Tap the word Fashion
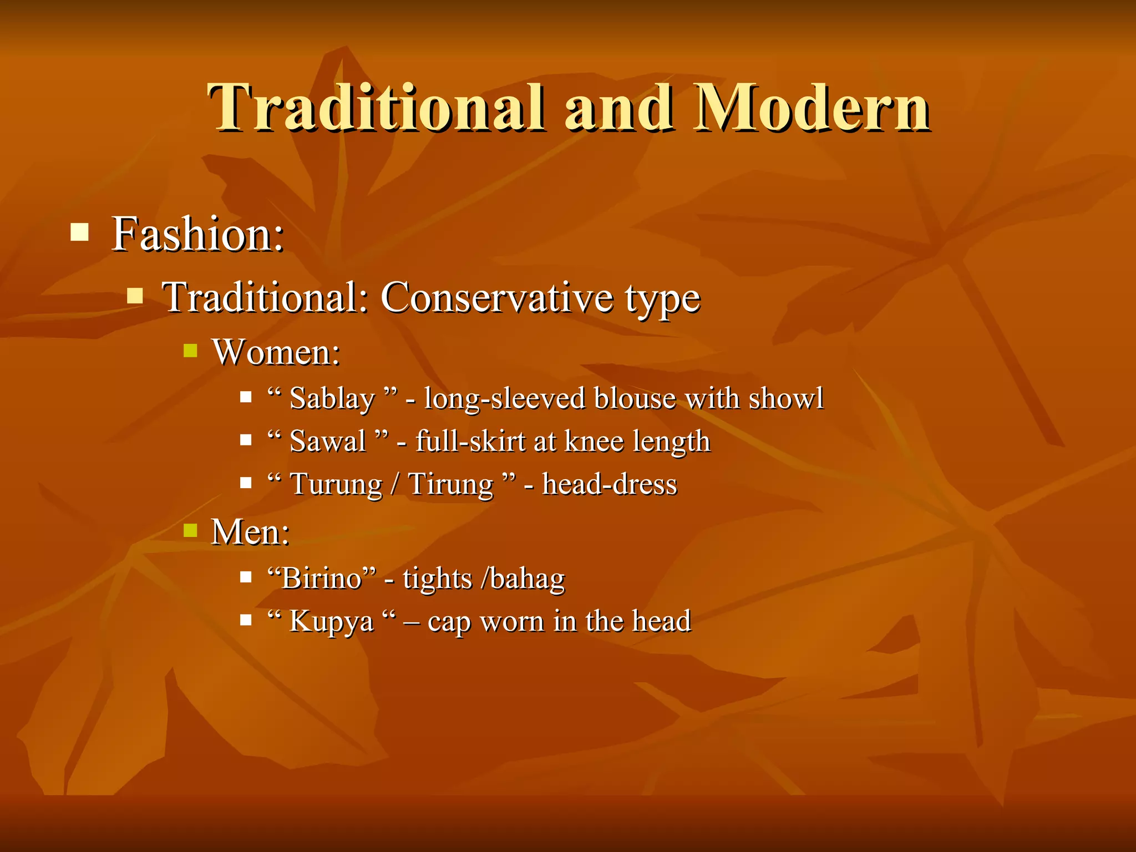pyautogui.click(x=197, y=234)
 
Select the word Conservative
pyautogui.click(x=497, y=297)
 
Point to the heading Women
pyautogui.click(x=276, y=352)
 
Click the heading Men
pyautogui.click(x=250, y=532)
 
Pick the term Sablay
pyautogui.click(x=332, y=398)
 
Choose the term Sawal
pyautogui.click(x=328, y=442)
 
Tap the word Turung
pyautogui.click(x=336, y=484)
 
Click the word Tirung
pyautogui.click(x=450, y=484)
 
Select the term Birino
pyautogui.click(x=322, y=579)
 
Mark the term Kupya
pyautogui.click(x=331, y=621)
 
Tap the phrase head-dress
pyautogui.click(x=610, y=484)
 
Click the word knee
pyautogui.click(x=594, y=442)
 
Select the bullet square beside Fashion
pyautogui.click(x=80, y=232)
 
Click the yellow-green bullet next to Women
pyautogui.click(x=190, y=351)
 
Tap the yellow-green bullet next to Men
pyautogui.click(x=190, y=530)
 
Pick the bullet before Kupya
pyautogui.click(x=246, y=619)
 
